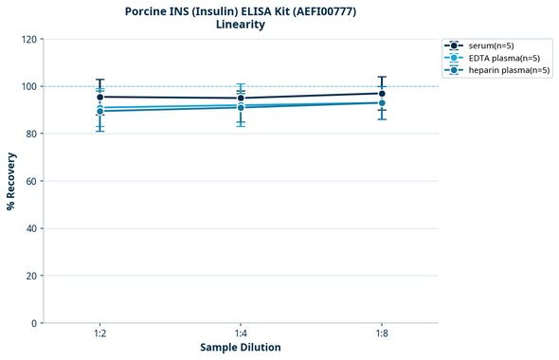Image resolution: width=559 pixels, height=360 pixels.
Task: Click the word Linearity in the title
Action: (x=241, y=25)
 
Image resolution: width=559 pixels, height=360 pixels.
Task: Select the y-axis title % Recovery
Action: (x=11, y=181)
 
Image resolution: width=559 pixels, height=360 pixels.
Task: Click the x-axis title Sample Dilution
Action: (x=241, y=348)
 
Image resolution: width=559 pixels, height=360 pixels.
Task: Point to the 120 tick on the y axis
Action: (x=28, y=39)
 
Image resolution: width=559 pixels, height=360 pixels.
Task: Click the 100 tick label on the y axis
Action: (x=28, y=86)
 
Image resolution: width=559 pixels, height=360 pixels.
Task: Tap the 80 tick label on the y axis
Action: (x=31, y=134)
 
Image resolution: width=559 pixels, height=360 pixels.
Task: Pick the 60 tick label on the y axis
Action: (x=31, y=181)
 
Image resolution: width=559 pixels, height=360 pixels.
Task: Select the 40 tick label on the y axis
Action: (x=31, y=228)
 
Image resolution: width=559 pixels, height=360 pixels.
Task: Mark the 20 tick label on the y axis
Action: (x=31, y=276)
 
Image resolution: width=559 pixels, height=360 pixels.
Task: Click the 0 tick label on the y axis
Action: (x=34, y=323)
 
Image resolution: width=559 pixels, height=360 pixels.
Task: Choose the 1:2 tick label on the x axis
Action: (x=99, y=334)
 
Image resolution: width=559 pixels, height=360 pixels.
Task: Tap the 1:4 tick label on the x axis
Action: (x=241, y=334)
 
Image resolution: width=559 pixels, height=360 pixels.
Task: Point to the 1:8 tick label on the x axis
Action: (x=381, y=334)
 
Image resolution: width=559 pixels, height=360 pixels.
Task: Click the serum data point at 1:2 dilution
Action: (x=99, y=97)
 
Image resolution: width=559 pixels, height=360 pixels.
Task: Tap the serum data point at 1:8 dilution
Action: (x=382, y=93)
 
